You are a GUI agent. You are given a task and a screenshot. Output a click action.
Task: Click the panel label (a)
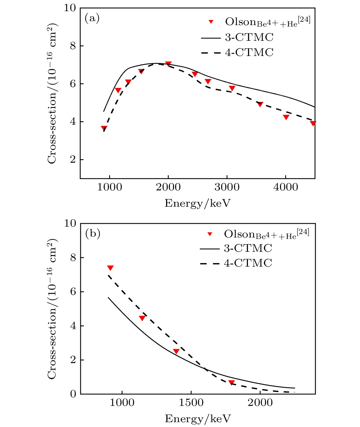pyautogui.click(x=92, y=19)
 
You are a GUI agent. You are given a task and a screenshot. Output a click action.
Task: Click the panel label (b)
pyautogui.click(x=93, y=234)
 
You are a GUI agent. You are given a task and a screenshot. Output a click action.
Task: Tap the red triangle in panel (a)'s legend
pyautogui.click(x=211, y=22)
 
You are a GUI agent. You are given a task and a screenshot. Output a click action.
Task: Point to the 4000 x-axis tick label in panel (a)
pyautogui.click(x=285, y=187)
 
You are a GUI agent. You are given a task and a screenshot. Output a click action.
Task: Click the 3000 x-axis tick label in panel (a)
pyautogui.click(x=227, y=187)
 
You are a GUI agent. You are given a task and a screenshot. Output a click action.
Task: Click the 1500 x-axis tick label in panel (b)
pyautogui.click(x=191, y=402)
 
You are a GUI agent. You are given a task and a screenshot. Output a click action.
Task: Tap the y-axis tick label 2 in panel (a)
pyautogui.click(x=73, y=160)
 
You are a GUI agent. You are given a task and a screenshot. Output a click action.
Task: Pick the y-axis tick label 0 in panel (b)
pyautogui.click(x=73, y=394)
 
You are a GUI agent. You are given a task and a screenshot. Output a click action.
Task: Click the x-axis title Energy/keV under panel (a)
pyautogui.click(x=197, y=203)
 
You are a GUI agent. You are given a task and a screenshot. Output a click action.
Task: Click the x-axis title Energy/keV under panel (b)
pyautogui.click(x=197, y=419)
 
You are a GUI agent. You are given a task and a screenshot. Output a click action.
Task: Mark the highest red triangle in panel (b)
pyautogui.click(x=110, y=268)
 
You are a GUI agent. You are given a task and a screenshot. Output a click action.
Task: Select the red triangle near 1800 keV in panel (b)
pyautogui.click(x=231, y=382)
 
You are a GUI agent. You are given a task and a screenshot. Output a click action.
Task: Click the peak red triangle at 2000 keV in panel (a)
pyautogui.click(x=168, y=64)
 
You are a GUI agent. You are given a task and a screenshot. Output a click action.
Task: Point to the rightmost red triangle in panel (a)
pyautogui.click(x=313, y=123)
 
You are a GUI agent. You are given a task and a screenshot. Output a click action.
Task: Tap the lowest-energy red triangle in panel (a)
pyautogui.click(x=104, y=128)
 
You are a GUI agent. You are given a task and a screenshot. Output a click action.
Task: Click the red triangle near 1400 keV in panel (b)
pyautogui.click(x=176, y=351)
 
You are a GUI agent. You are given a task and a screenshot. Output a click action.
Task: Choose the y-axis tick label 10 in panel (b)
pyautogui.click(x=70, y=223)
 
